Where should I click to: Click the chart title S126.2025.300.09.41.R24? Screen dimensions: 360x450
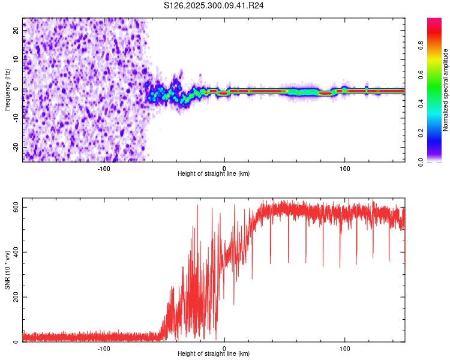214,5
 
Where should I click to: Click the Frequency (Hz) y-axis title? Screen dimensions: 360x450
7,89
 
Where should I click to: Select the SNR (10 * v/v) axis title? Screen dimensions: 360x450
7,271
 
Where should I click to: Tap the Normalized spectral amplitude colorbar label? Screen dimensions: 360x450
446,91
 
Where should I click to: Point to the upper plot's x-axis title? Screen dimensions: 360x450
214,174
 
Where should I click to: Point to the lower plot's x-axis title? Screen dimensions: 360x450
214,354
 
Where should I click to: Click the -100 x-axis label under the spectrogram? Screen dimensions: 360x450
104,167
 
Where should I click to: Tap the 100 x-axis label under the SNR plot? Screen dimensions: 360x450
345,347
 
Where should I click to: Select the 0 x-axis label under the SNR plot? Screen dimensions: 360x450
224,347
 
